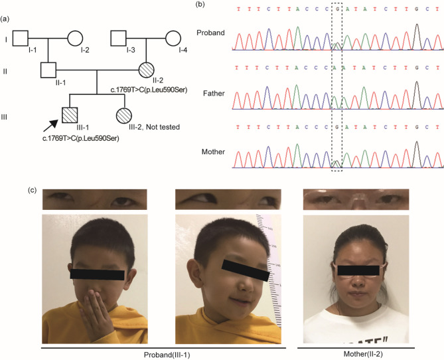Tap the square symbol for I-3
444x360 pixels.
[120, 39]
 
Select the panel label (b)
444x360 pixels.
[228, 6]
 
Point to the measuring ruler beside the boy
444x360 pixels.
[273, 259]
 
